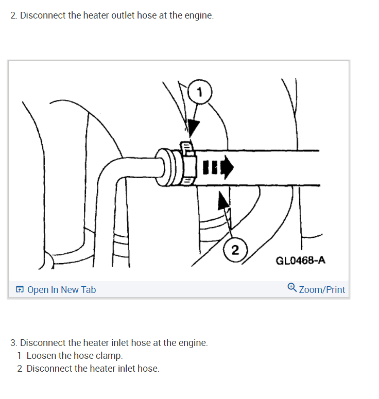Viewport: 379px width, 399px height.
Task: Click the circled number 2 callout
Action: (x=235, y=251)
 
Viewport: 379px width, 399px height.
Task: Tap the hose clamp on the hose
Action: (x=187, y=164)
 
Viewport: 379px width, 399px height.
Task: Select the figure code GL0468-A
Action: (x=301, y=260)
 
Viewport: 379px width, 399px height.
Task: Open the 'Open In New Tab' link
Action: (x=61, y=290)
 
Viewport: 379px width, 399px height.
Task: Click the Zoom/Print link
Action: (x=322, y=289)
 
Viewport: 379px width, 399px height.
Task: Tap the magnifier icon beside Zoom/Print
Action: (x=292, y=288)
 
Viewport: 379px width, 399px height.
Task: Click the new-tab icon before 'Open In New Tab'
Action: (x=20, y=290)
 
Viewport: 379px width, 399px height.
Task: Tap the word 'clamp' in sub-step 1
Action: (x=110, y=356)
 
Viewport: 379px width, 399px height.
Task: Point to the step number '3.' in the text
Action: (x=14, y=342)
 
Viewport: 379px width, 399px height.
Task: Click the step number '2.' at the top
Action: (x=14, y=15)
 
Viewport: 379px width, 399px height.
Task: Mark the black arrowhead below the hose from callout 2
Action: (x=223, y=201)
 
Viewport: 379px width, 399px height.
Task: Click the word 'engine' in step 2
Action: (x=197, y=15)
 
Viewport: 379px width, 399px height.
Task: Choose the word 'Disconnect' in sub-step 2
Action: (x=49, y=369)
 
